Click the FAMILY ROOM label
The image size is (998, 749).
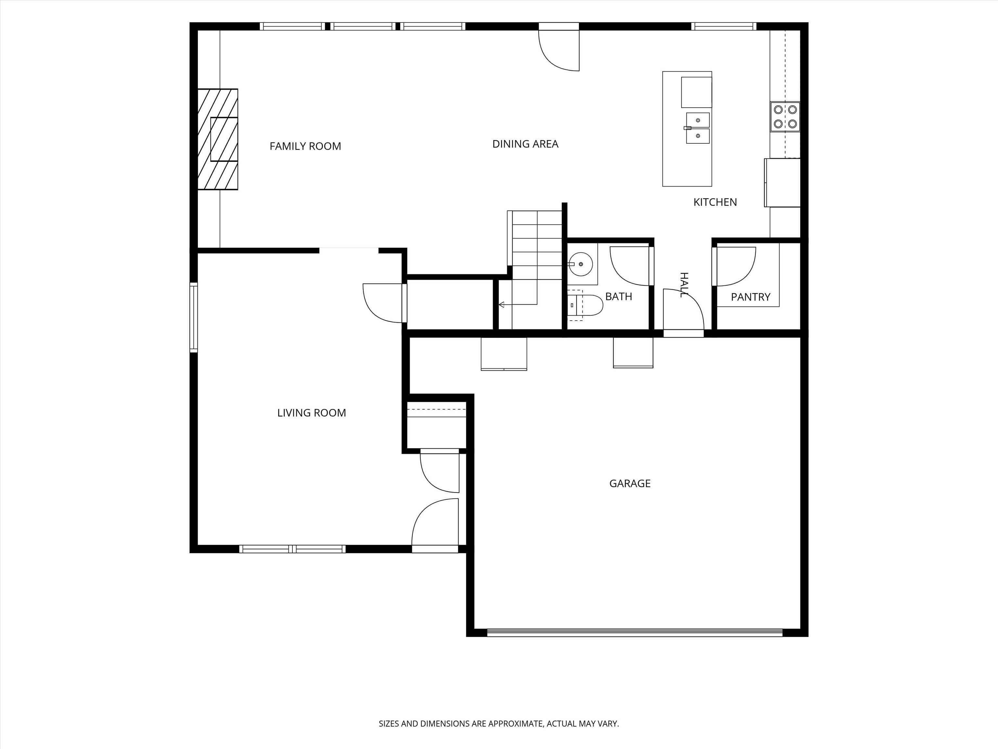point(305,146)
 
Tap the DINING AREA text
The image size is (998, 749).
point(525,144)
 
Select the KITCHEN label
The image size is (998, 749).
point(715,202)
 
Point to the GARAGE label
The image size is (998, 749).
point(630,483)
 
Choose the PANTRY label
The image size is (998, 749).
point(751,297)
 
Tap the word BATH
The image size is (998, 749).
point(619,296)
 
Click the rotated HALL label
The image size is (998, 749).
point(684,285)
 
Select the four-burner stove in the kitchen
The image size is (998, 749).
point(785,116)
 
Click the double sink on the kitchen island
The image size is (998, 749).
point(697,128)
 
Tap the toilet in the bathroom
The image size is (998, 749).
point(585,306)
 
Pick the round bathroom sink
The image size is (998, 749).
point(581,264)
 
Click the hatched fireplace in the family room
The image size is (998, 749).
point(217,139)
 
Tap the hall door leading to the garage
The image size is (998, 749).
point(684,313)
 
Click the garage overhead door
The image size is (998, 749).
point(635,633)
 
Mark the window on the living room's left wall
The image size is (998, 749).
point(194,317)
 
